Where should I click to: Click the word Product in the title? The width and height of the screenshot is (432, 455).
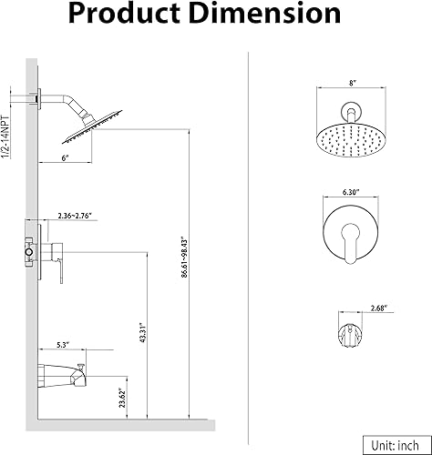tap(125, 14)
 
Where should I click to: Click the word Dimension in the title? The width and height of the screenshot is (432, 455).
tap(266, 14)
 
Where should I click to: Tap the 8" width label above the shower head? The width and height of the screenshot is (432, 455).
tap(352, 83)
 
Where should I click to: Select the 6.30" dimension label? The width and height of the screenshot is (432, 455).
tap(351, 192)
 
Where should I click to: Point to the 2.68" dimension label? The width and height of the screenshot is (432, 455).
tap(378, 308)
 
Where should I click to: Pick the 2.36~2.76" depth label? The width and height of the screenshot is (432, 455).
tap(75, 216)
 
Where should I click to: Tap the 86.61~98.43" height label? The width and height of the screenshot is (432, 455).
tap(184, 257)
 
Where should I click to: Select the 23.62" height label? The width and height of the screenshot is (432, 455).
tap(123, 398)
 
